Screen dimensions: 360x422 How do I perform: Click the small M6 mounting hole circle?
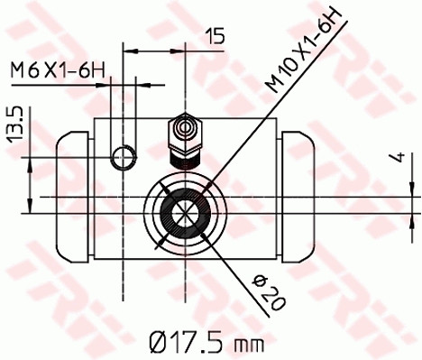pos(122,159)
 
